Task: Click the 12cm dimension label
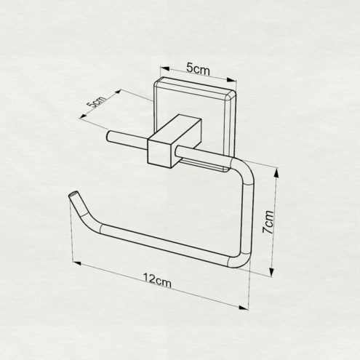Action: tap(157, 281)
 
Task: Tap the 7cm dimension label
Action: tap(268, 222)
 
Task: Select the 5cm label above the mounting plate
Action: tap(198, 68)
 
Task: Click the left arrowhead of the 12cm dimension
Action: tap(77, 263)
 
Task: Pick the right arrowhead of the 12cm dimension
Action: tap(244, 308)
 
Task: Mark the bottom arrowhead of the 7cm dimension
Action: tap(272, 272)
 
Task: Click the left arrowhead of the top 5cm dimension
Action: tap(164, 68)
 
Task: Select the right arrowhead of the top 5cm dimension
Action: tap(231, 80)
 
